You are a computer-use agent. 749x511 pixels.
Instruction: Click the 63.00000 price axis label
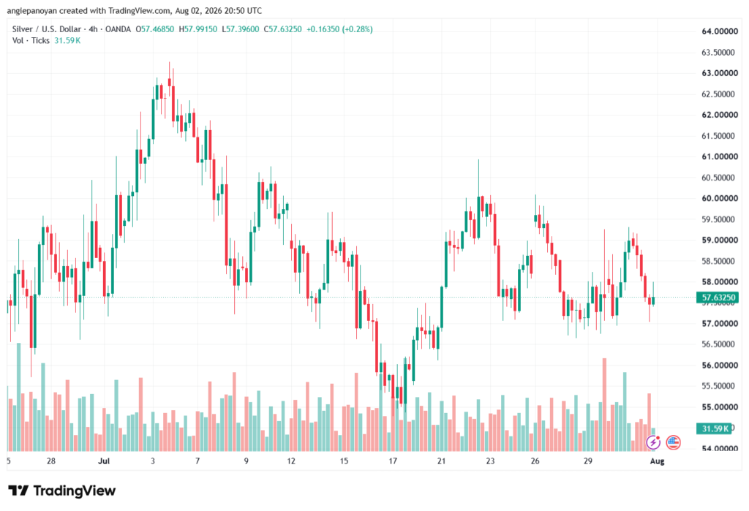click(x=720, y=73)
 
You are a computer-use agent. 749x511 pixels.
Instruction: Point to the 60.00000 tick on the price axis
click(x=720, y=198)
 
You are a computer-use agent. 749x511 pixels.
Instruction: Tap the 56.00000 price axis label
click(x=720, y=366)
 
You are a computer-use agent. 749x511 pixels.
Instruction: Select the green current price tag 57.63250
click(x=718, y=298)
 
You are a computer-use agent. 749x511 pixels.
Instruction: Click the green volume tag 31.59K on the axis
click(x=714, y=428)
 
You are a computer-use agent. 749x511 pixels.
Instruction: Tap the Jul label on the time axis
click(x=104, y=461)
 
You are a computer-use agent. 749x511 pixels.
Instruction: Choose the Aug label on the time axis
click(x=657, y=461)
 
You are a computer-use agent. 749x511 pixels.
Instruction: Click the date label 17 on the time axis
click(x=393, y=461)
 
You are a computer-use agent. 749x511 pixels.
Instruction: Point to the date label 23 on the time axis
click(x=490, y=461)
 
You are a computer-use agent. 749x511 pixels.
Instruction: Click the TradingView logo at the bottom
click(x=62, y=491)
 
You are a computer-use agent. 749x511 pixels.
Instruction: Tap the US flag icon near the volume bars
click(x=673, y=443)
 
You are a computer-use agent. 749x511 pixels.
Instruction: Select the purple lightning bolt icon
click(x=653, y=443)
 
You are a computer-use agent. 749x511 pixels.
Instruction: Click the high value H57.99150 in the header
click(x=197, y=29)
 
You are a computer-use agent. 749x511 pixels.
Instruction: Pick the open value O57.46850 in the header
click(x=155, y=29)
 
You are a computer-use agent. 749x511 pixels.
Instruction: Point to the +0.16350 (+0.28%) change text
click(x=339, y=29)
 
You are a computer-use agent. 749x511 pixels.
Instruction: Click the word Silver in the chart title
click(x=23, y=29)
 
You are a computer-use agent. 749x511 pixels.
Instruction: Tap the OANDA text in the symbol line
click(x=118, y=29)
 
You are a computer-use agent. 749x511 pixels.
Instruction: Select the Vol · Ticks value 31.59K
click(x=67, y=41)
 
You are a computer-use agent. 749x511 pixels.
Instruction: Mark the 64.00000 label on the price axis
click(x=720, y=31)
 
